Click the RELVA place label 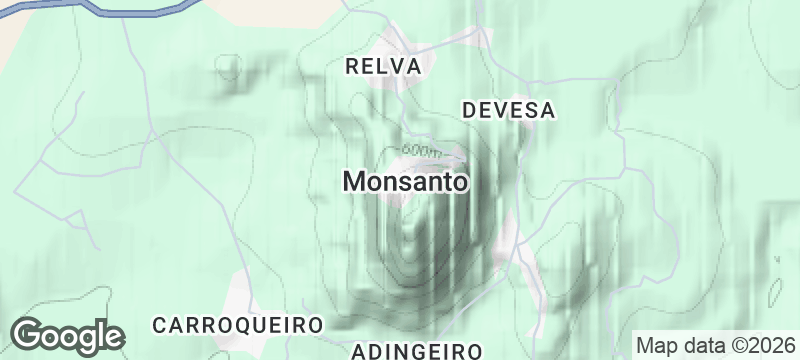tap(384, 66)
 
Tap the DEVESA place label tap(508, 110)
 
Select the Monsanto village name tap(405, 182)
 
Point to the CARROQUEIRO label tap(238, 325)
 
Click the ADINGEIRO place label tap(418, 350)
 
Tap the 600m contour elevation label tap(424, 151)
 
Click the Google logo tap(68, 335)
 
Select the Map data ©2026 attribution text tap(713, 345)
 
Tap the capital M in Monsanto tap(354, 182)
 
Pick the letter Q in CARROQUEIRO tap(251, 325)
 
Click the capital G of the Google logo tap(29, 334)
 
